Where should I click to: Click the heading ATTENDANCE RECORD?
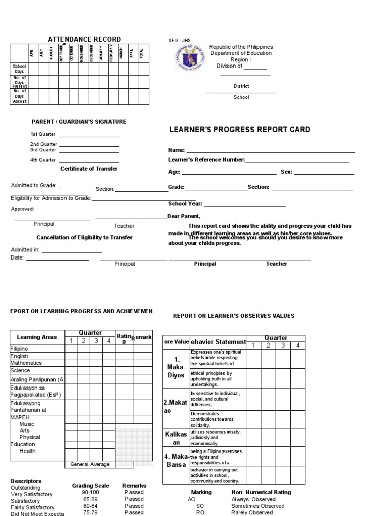click(x=84, y=39)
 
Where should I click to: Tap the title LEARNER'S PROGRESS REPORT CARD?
click(x=239, y=130)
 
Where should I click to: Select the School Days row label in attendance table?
click(x=19, y=69)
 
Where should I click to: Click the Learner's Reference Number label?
click(x=206, y=160)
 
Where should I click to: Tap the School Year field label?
click(x=185, y=204)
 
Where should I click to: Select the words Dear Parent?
click(x=183, y=216)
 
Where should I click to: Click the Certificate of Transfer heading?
click(x=89, y=169)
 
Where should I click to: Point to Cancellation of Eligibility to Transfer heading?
click(x=85, y=237)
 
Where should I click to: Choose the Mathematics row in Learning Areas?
click(x=26, y=363)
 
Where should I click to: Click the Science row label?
click(x=21, y=370)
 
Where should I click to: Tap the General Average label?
click(x=90, y=464)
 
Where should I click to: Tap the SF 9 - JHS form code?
click(x=179, y=41)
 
